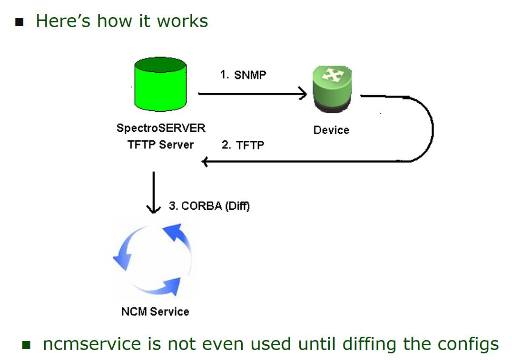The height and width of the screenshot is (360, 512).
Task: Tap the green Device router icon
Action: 332,89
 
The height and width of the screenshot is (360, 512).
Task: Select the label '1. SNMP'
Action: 243,75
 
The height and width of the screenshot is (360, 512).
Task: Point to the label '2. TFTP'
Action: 243,145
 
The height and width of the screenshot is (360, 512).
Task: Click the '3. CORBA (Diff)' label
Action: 209,206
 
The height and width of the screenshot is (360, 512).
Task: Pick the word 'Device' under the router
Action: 331,130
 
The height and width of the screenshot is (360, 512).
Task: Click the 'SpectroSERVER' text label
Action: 161,128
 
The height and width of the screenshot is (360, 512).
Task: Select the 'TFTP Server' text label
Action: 161,145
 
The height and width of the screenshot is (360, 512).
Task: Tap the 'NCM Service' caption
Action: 155,311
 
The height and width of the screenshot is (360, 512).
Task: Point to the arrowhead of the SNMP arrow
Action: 303,94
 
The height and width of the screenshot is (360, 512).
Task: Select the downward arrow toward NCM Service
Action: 153,193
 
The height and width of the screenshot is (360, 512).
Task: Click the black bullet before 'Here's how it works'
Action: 19,22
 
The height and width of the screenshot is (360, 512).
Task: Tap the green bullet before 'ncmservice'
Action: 26,344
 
